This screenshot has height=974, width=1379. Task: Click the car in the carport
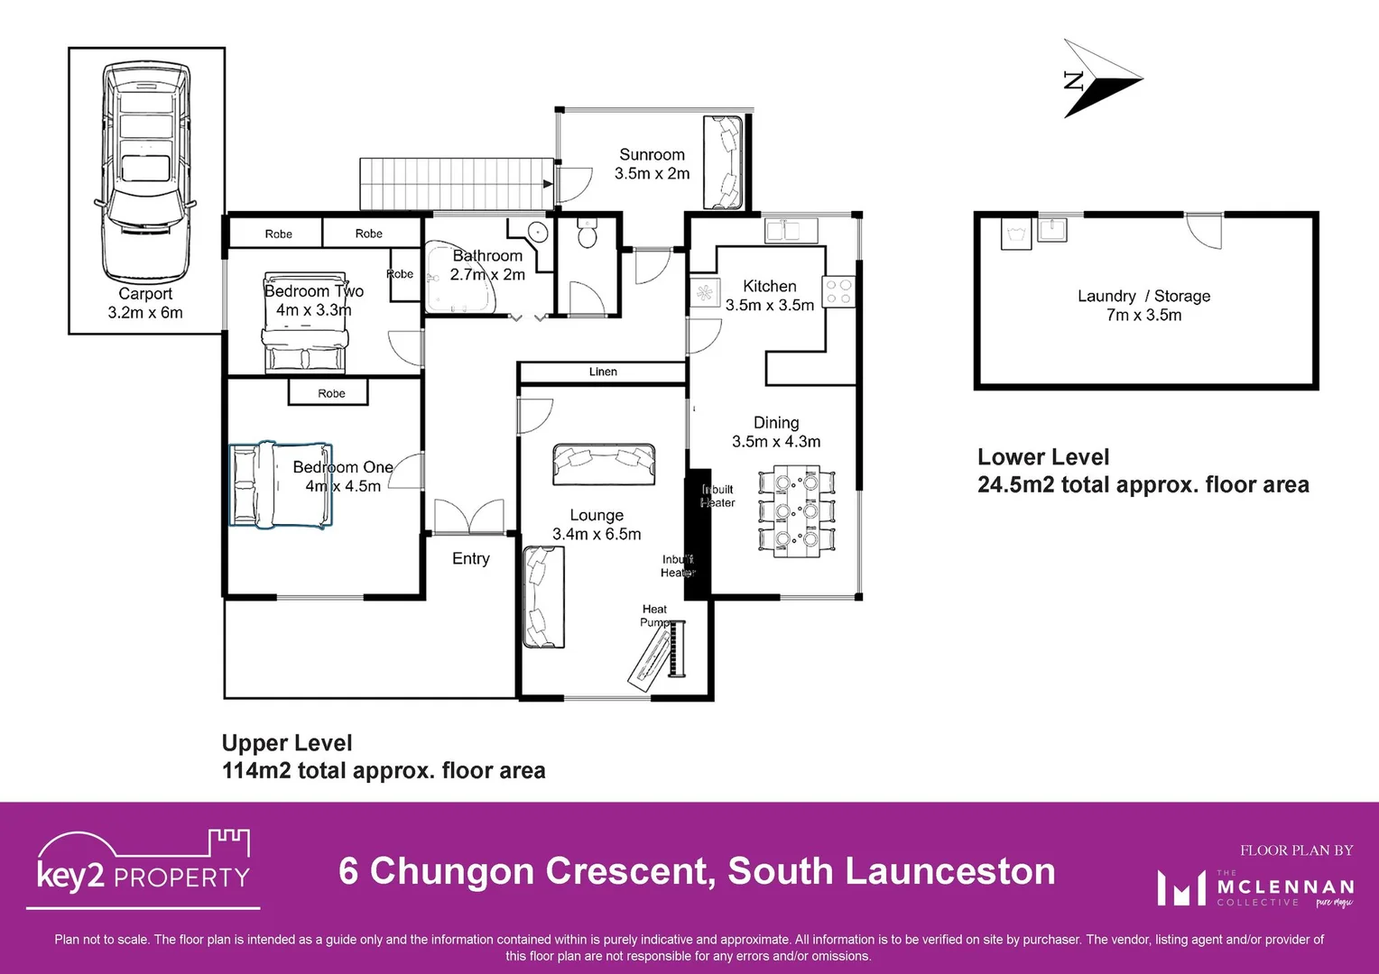(x=145, y=171)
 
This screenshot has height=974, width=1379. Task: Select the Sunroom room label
(x=652, y=155)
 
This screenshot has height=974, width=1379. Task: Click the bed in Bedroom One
(x=281, y=484)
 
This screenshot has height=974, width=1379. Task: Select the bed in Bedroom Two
(x=304, y=324)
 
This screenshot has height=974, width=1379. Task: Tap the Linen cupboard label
(x=603, y=372)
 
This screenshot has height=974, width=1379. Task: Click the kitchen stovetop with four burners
(x=838, y=291)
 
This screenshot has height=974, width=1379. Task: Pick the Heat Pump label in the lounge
(x=654, y=616)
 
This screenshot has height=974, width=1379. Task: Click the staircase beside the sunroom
(x=457, y=183)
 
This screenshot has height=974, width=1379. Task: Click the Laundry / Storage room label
(x=1143, y=296)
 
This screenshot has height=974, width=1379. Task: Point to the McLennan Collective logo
(x=1254, y=887)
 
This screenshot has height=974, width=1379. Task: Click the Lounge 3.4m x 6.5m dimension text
(x=597, y=534)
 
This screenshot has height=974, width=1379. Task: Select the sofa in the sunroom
(x=723, y=162)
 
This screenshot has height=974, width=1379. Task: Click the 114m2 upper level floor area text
(x=384, y=770)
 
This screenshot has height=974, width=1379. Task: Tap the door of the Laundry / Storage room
(x=1203, y=230)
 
